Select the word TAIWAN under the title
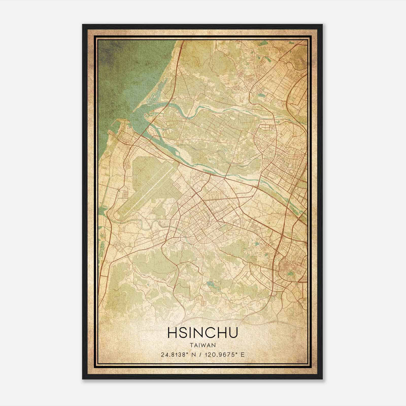(x=202, y=345)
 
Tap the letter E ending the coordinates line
(x=243, y=354)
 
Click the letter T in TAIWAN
(x=191, y=345)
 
